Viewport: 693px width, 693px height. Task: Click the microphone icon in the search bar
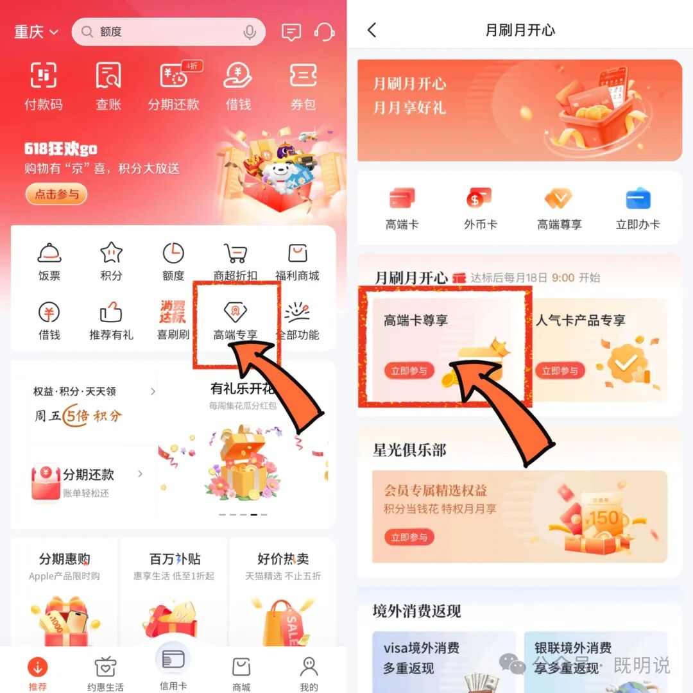coord(249,32)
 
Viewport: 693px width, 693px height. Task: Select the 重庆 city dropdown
coord(36,31)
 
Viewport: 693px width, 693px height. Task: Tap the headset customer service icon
coord(325,31)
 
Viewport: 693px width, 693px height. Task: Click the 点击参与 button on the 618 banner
coord(56,194)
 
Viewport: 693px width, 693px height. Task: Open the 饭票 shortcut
coord(49,255)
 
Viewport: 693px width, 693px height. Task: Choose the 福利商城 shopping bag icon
coord(297,255)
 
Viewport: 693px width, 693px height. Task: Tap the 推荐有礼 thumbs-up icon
coord(111,313)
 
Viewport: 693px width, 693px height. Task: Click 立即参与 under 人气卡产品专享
coord(560,371)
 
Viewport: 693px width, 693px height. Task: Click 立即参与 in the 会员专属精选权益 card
coord(409,537)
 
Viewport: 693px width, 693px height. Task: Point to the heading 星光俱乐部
coord(409,450)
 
